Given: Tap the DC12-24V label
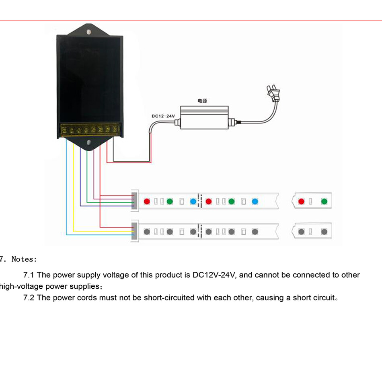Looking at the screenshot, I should coord(163,116).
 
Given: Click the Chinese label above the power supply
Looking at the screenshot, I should coord(201,101).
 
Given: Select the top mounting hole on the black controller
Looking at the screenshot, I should coord(89,30).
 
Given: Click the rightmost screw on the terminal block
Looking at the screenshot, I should coord(115,129).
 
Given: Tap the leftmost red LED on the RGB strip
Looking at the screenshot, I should coord(147,201).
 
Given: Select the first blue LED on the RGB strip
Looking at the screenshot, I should coord(193,201).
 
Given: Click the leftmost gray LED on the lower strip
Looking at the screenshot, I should coord(147,232).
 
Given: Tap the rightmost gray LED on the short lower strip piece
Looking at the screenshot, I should coord(324,232).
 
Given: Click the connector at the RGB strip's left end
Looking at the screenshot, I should coord(134,200).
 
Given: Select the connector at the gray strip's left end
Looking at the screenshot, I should coord(134,231).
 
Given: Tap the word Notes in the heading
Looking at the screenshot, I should coord(24,259).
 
